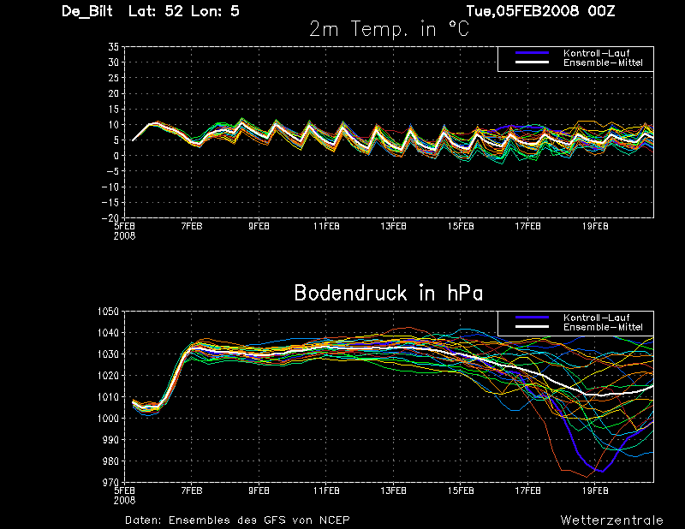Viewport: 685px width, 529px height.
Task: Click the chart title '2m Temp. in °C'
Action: (x=389, y=30)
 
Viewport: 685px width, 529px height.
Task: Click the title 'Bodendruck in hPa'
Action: (x=389, y=293)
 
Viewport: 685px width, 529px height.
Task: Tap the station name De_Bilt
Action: (x=87, y=11)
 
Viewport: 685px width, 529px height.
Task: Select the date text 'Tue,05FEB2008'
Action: (x=522, y=11)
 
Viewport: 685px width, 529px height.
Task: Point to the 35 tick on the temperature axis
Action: (x=114, y=47)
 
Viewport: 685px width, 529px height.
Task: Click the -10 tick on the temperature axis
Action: (x=111, y=187)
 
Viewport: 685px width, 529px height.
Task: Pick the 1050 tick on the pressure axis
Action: (x=109, y=312)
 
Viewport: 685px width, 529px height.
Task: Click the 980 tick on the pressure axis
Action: (x=111, y=461)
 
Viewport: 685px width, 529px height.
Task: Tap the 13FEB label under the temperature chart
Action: (x=393, y=226)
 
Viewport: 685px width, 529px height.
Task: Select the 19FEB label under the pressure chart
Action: (x=595, y=490)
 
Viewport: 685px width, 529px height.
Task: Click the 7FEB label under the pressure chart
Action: (x=191, y=490)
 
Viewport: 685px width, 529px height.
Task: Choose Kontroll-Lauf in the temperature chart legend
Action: (x=596, y=53)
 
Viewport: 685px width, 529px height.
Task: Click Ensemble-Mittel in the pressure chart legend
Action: (x=603, y=327)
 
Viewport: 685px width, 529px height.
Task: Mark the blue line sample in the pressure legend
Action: (x=532, y=318)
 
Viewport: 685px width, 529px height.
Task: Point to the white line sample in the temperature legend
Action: (x=532, y=62)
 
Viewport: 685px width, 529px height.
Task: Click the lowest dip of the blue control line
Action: (x=603, y=472)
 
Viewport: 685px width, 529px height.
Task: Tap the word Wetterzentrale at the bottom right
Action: (x=612, y=520)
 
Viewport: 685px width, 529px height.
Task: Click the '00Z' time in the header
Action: (x=601, y=11)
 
